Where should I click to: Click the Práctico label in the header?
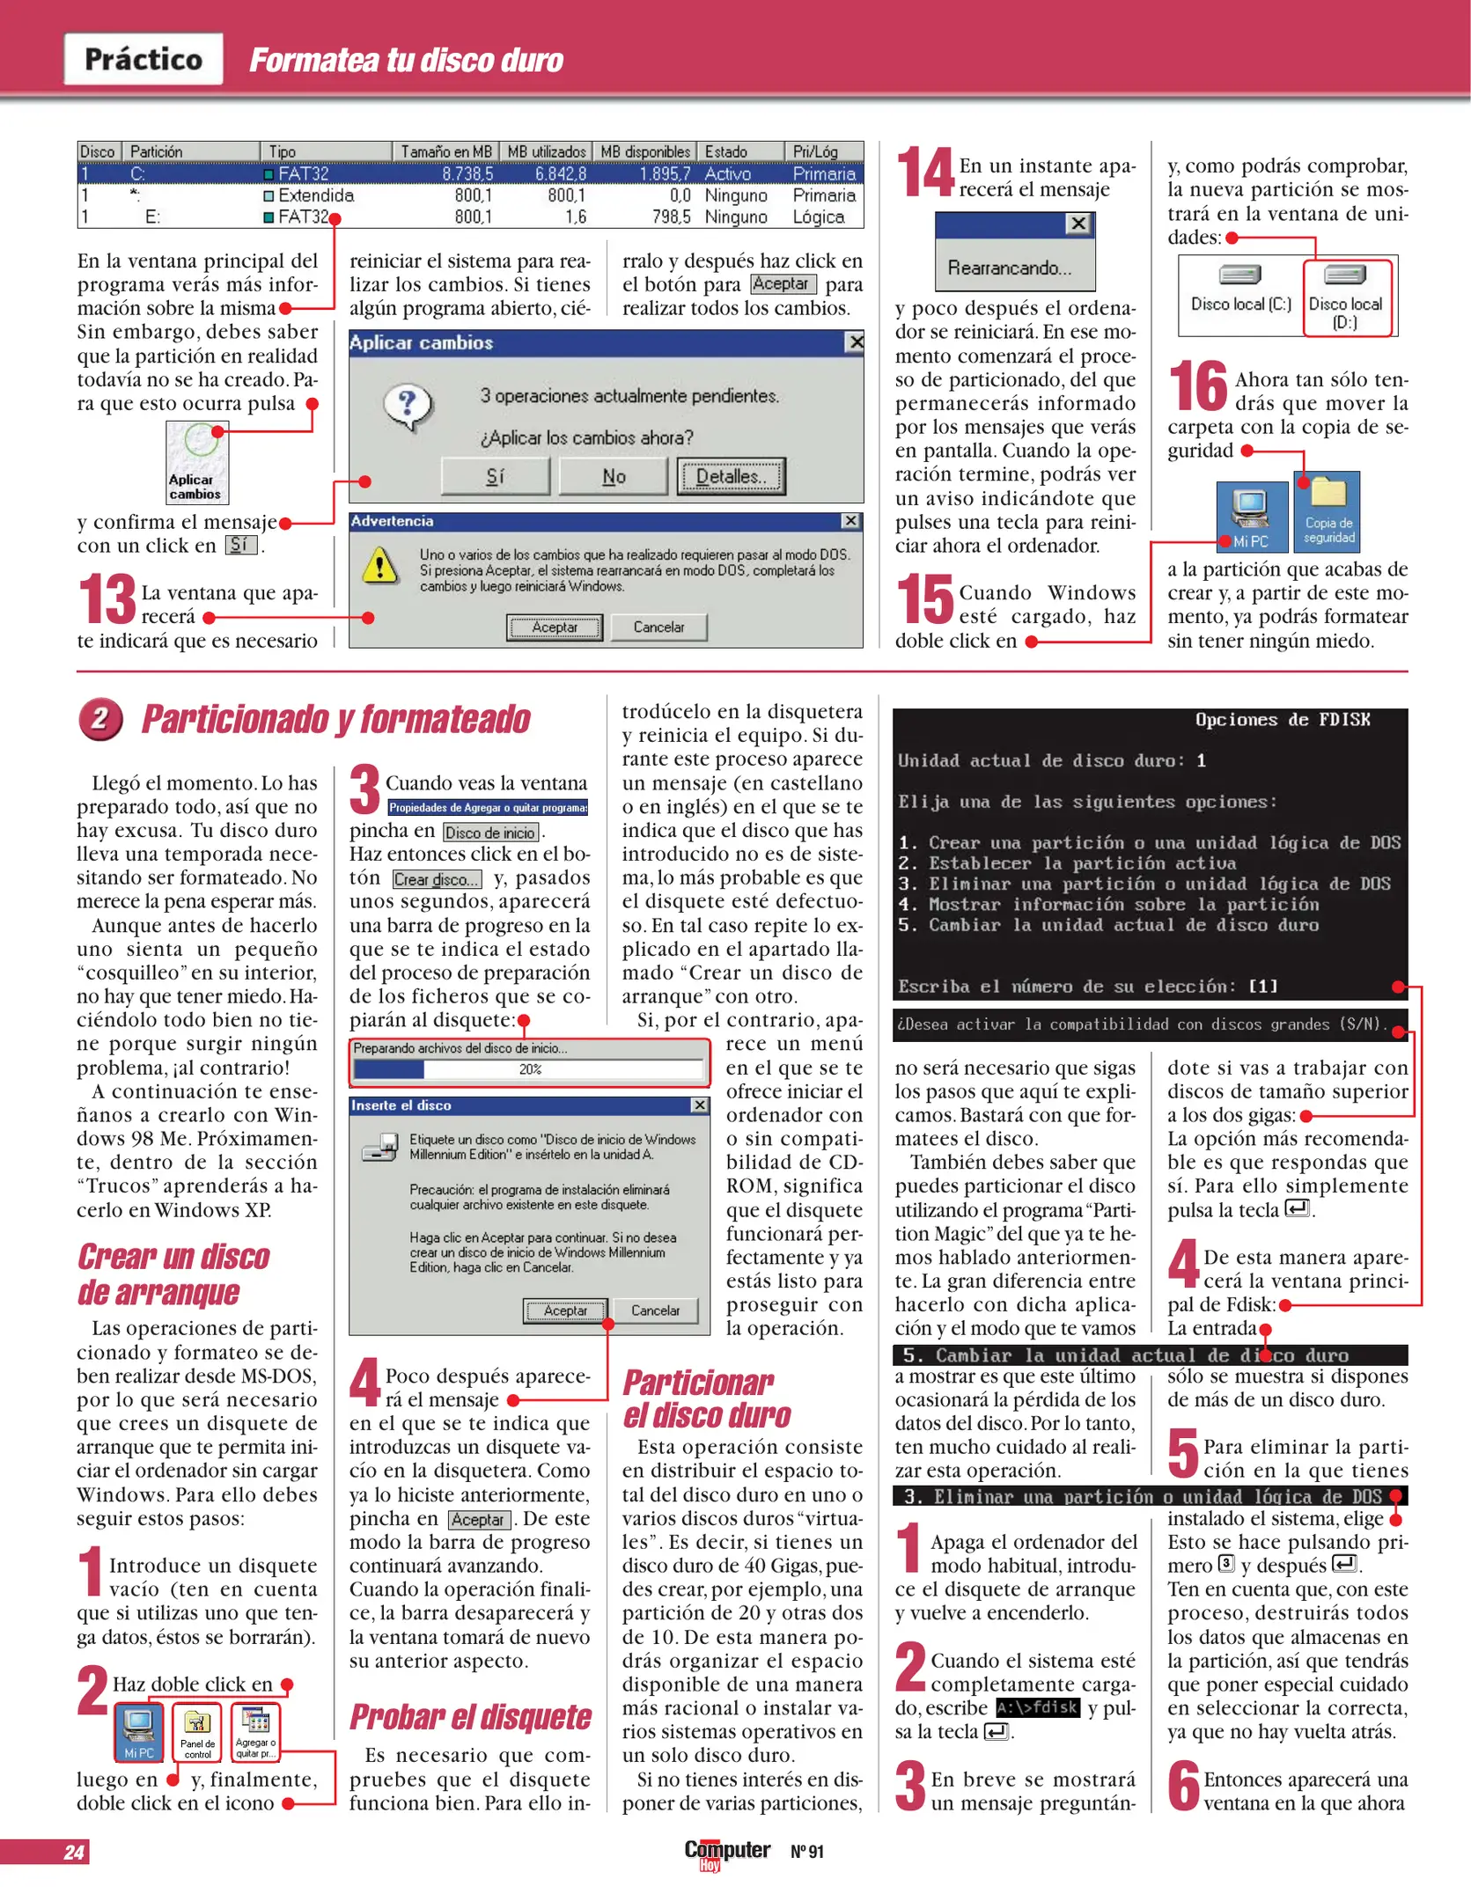[x=143, y=59]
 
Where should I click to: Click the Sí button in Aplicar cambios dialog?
[x=496, y=476]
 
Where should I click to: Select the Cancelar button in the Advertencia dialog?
[x=658, y=627]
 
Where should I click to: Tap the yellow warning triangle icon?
[x=380, y=565]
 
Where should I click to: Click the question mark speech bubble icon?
[x=408, y=407]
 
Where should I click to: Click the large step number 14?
[x=924, y=172]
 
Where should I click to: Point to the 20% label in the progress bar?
[x=530, y=1069]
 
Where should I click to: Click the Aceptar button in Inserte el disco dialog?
[x=565, y=1310]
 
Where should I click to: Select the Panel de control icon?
[x=197, y=1732]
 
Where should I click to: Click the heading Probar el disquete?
[x=470, y=1717]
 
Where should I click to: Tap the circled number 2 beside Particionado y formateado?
[x=99, y=719]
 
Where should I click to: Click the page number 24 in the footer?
[x=74, y=1852]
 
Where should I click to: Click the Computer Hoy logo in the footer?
[x=726, y=1851]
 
